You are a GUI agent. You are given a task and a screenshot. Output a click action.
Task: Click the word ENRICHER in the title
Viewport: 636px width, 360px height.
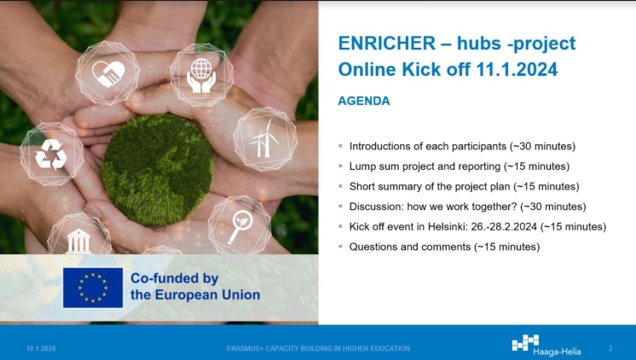coord(387,43)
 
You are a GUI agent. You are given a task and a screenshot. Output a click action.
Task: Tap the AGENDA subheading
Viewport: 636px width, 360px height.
coord(364,101)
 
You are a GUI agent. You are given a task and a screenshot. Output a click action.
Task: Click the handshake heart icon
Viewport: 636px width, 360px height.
coord(108,74)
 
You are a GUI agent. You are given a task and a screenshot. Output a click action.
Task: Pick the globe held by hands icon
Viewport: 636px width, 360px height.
coord(201,75)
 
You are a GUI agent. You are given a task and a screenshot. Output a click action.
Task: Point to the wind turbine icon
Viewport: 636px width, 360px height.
coord(263,138)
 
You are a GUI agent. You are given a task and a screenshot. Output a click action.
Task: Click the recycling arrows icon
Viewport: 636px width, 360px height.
coord(50,154)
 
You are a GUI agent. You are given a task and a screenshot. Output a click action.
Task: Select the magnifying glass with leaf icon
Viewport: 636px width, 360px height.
coord(240,226)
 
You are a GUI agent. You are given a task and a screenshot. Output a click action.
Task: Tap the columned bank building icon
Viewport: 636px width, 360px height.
coord(78,241)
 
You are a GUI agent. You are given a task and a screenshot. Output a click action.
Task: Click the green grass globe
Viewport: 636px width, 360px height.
coord(158,169)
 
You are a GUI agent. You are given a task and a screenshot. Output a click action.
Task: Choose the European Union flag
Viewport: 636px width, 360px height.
coord(93,287)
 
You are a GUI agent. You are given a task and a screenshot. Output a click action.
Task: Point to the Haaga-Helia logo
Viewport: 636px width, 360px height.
coord(546,345)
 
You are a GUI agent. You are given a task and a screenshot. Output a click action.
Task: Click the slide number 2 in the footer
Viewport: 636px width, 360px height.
coord(610,348)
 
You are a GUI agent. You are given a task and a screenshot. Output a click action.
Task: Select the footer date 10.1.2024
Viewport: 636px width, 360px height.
coord(41,348)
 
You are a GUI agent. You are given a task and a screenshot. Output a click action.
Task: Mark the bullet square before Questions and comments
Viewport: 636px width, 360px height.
coord(341,247)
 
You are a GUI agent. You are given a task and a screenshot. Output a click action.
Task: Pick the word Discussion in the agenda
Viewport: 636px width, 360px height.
coord(377,206)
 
